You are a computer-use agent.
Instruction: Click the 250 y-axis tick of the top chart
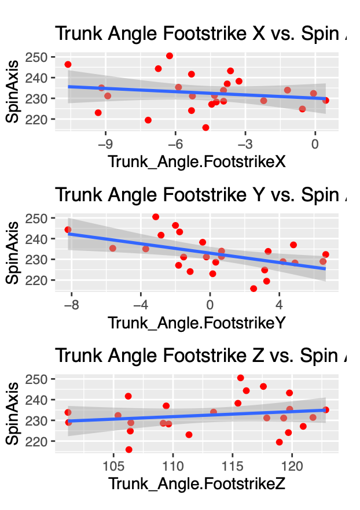41,57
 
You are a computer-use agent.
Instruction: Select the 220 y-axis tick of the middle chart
41,280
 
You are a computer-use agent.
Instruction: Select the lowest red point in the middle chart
254,289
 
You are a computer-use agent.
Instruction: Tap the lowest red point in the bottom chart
128,449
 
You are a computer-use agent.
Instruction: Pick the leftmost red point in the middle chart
68,230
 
